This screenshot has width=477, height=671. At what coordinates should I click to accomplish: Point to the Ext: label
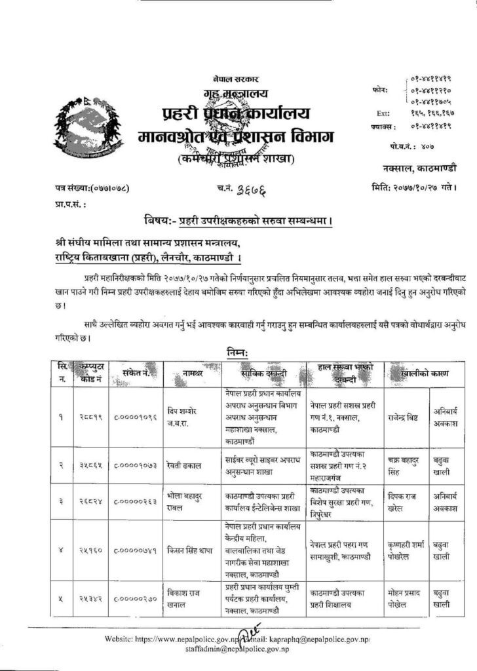pos(385,113)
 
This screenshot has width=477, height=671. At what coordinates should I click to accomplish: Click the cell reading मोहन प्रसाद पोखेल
pos(406,597)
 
